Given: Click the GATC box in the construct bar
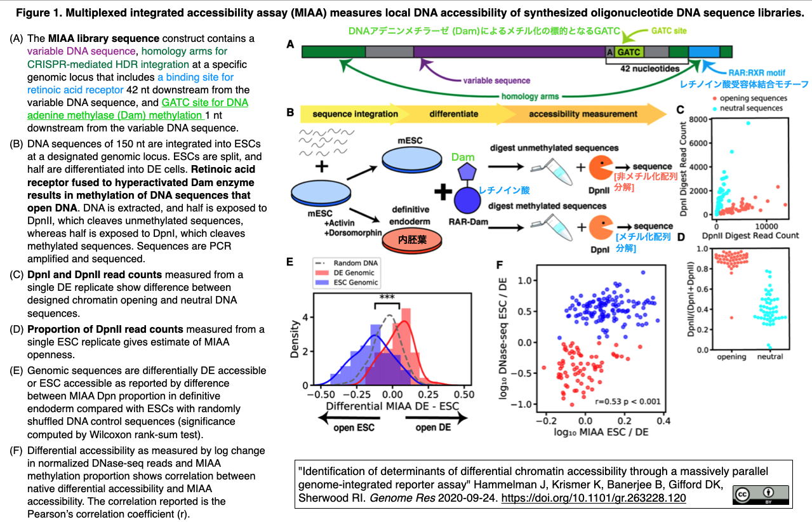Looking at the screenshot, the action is click(x=629, y=52).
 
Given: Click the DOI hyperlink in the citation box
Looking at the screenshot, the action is click(x=594, y=498).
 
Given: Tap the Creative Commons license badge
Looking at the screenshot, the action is click(x=761, y=495).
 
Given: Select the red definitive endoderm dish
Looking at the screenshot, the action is click(x=412, y=240).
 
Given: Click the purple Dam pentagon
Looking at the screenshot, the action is click(x=467, y=172).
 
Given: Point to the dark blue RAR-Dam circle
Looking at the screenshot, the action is click(x=468, y=201).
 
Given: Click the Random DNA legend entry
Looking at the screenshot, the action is click(x=347, y=263).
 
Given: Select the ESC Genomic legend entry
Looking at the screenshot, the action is click(x=347, y=283).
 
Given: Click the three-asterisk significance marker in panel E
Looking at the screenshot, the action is click(x=387, y=297).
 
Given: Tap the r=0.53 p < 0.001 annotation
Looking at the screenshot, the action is click(x=628, y=401).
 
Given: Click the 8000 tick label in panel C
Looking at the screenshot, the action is click(x=698, y=119).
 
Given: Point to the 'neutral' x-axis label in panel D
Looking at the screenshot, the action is click(x=770, y=357).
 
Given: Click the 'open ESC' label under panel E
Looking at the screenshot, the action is click(x=354, y=428).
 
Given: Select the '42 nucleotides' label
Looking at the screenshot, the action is click(x=649, y=69).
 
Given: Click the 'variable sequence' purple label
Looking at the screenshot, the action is click(x=496, y=81).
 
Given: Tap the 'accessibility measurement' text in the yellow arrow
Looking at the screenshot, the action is click(x=583, y=114).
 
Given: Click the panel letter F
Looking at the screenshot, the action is click(x=500, y=265).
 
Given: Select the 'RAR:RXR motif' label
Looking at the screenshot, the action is click(x=757, y=72).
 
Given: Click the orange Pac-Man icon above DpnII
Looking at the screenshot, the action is click(x=601, y=168).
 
